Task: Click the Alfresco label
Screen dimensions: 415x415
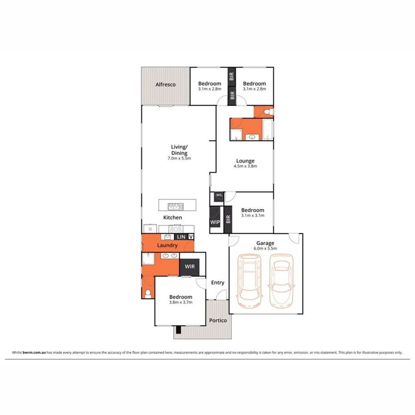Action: tap(165, 85)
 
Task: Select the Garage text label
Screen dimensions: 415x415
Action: tap(266, 243)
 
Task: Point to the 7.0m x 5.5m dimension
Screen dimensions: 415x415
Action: tap(179, 158)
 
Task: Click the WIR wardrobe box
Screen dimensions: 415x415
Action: tap(190, 267)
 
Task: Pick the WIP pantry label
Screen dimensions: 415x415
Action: tap(215, 222)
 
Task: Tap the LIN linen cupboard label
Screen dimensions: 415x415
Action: tap(181, 237)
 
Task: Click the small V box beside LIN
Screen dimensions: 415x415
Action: tap(190, 237)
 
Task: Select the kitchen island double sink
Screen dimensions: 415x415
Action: tap(175, 206)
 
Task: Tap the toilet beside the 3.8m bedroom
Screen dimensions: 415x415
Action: tap(148, 294)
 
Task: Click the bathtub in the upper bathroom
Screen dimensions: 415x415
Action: tap(268, 129)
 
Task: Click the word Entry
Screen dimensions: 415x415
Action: tap(217, 283)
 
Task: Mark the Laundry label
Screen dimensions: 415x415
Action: tap(167, 246)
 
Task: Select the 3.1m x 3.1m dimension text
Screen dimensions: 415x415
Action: tap(253, 215)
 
